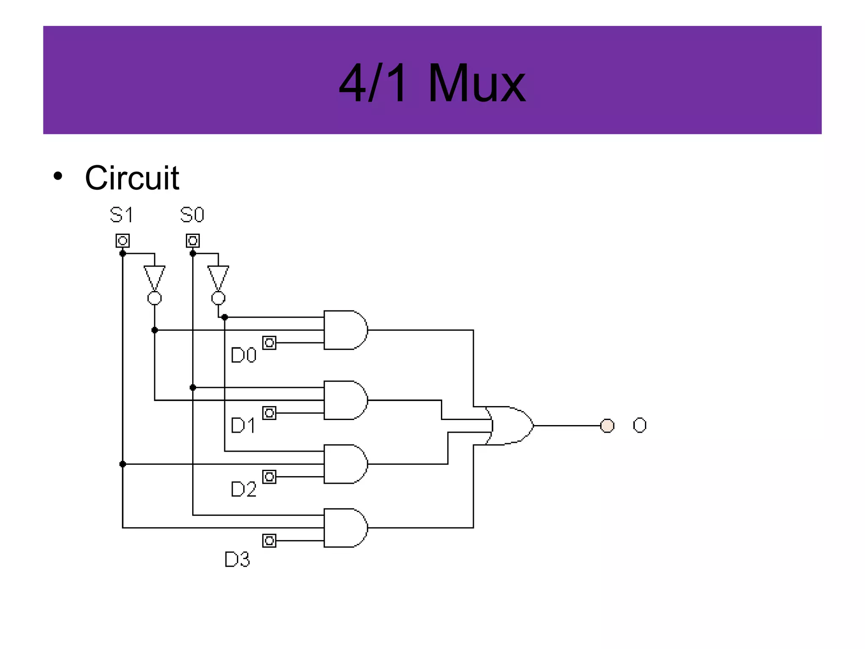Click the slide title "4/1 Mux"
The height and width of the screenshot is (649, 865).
coord(432,82)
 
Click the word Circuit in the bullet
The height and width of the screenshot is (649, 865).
coord(132,178)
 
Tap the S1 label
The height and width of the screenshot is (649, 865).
coord(122,215)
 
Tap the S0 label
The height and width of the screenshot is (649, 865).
coord(192,215)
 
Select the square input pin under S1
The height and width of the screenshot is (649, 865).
coord(122,241)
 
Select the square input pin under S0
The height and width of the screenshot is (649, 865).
coord(193,241)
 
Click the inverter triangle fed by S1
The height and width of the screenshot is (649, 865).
coord(155,277)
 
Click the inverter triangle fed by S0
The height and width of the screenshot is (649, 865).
coord(218,277)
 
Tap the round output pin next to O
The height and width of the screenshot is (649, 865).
coord(607,425)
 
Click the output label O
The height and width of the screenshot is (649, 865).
coord(639,425)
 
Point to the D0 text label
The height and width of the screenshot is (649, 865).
coord(244,355)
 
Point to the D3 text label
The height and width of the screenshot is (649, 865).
coord(237,559)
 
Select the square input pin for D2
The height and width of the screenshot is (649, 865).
coord(269,477)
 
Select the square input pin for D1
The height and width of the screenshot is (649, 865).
coord(269,413)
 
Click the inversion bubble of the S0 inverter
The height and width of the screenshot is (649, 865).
coord(218,298)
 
